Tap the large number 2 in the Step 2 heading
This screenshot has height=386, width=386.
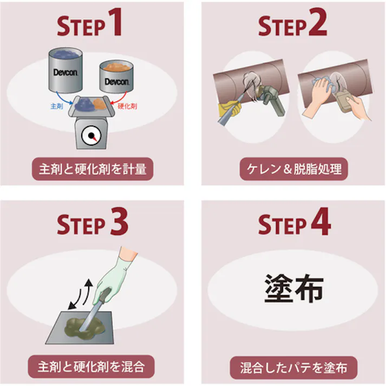click(318, 22)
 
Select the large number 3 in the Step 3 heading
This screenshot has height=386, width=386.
click(119, 221)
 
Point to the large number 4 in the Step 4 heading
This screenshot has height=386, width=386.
click(320, 221)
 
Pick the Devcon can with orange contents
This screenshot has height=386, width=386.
click(116, 76)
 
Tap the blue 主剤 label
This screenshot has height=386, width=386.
click(57, 106)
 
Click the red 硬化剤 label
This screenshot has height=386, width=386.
click(127, 106)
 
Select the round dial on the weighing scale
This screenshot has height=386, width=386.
click(91, 135)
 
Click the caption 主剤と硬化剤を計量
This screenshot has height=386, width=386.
click(93, 169)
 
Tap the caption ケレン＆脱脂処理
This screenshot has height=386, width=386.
click(294, 169)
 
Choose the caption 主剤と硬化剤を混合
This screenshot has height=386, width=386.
click(91, 367)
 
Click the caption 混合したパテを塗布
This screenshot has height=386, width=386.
click(293, 368)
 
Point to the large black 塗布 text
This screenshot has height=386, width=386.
click(294, 288)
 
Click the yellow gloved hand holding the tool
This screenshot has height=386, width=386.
click(230, 108)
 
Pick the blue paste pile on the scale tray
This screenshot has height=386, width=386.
click(85, 104)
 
